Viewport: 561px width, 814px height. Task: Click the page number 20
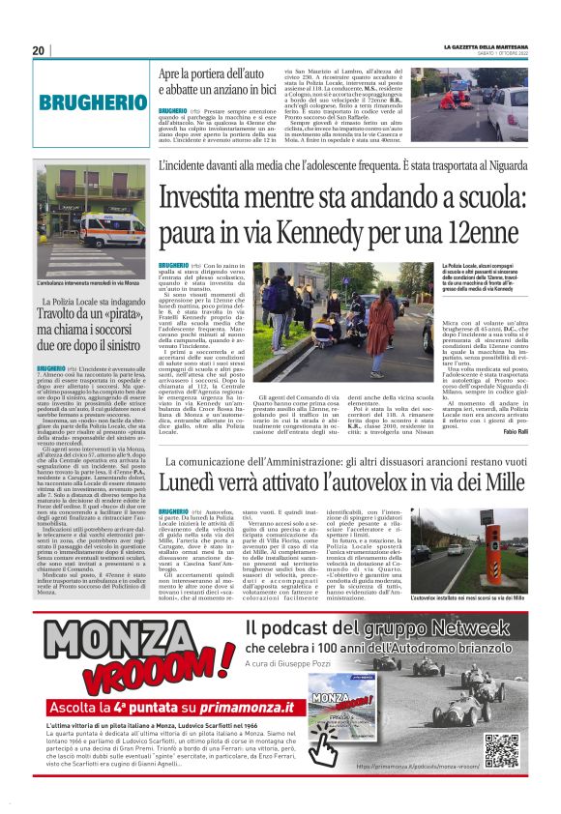(39, 50)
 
